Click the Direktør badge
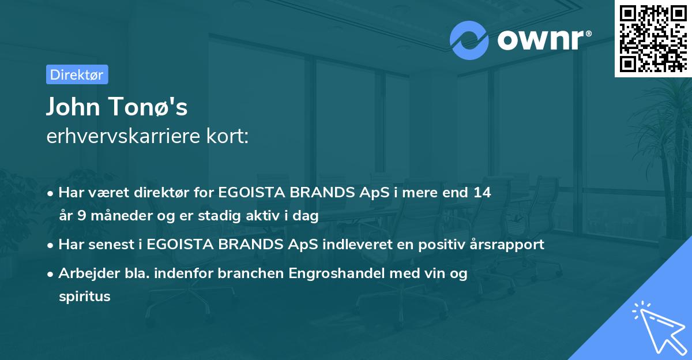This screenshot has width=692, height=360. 77,74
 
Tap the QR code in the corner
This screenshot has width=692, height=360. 652,38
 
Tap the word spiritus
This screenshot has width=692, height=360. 84,297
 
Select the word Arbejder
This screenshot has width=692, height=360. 84,273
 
